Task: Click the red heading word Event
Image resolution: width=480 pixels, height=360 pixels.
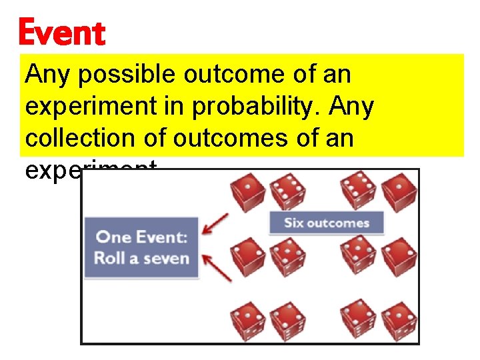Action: (x=61, y=33)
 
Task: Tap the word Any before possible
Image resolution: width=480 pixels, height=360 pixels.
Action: (x=48, y=75)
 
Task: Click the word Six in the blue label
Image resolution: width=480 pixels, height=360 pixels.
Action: (x=294, y=223)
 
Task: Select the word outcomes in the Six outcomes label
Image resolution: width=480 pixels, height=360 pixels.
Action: (x=339, y=223)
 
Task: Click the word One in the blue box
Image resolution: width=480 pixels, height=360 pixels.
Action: (x=112, y=237)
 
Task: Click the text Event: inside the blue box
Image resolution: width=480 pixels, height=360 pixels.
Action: (x=160, y=237)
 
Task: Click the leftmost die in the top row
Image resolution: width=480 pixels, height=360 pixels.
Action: (x=248, y=191)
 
